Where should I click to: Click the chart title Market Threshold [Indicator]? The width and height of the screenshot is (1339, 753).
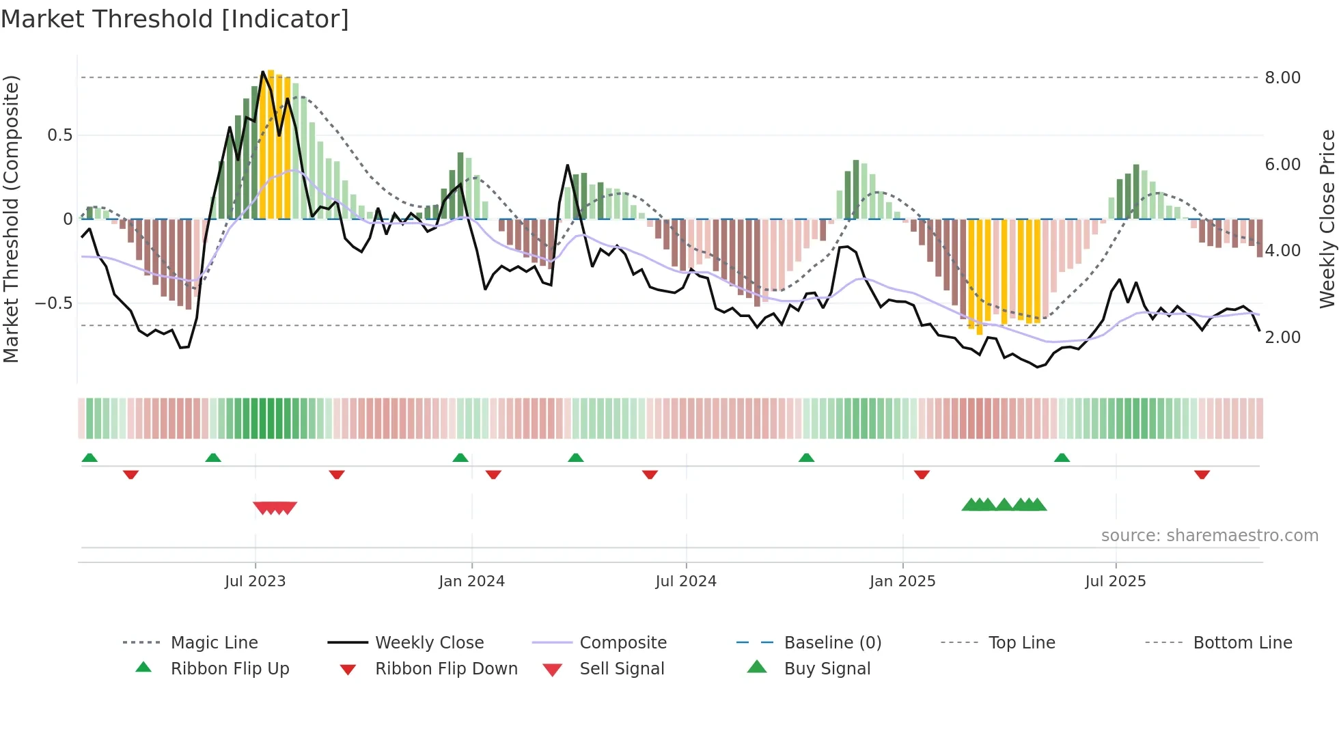(x=175, y=19)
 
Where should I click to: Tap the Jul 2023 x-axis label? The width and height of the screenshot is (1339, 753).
(x=255, y=581)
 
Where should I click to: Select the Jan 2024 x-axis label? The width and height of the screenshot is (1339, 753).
(x=471, y=581)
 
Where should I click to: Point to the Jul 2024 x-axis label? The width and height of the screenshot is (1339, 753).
(x=686, y=581)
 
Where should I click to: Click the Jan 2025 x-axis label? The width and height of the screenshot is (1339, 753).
(x=902, y=581)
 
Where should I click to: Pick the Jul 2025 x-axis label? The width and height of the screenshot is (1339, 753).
(x=1116, y=581)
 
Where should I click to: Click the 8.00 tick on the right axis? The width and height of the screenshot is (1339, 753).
(x=1282, y=78)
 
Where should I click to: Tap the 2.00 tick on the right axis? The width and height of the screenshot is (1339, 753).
(x=1282, y=338)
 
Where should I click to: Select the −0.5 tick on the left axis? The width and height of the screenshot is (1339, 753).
(x=53, y=303)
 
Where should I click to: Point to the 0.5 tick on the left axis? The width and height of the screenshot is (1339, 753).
(x=59, y=135)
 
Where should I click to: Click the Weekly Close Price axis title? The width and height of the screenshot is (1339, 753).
(x=1327, y=219)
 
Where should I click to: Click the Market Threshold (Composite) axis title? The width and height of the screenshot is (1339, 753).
(x=11, y=219)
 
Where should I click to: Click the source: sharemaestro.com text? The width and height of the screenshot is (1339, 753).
(x=1209, y=536)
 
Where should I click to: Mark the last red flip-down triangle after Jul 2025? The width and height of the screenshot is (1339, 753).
(x=1202, y=474)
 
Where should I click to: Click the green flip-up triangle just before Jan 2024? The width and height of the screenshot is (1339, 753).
(x=460, y=458)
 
